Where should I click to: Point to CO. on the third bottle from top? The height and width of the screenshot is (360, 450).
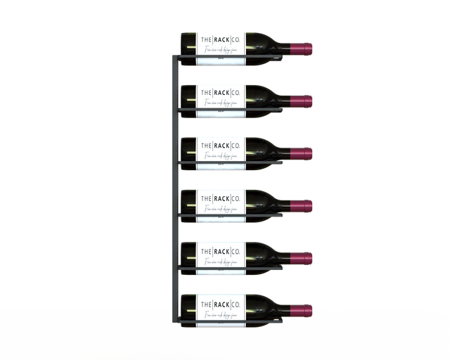point(235,145)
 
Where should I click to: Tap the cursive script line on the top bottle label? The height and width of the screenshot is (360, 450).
point(219,51)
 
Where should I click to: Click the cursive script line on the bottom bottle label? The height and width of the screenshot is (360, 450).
point(219,314)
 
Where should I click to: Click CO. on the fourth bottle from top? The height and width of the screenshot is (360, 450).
point(235,198)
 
